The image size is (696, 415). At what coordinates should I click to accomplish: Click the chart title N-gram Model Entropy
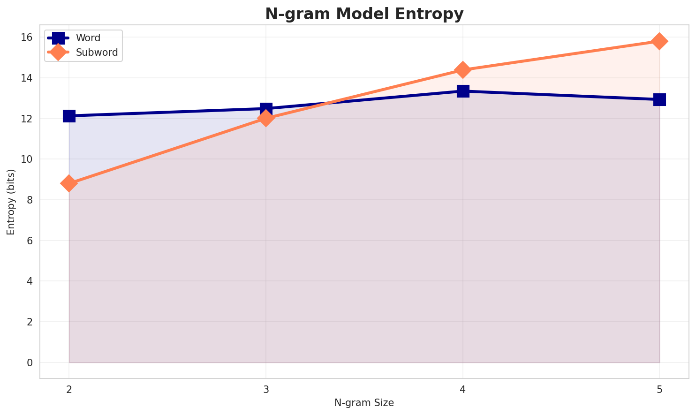tap(364, 14)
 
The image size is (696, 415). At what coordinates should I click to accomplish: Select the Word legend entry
tap(88, 38)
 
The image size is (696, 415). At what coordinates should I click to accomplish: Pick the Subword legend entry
tap(97, 53)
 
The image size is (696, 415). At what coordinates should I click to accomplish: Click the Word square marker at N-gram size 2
tap(69, 116)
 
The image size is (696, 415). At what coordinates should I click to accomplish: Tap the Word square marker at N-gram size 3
tap(266, 109)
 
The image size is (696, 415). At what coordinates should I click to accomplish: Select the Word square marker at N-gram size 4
tap(463, 91)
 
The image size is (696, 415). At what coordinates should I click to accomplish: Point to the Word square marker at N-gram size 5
tap(659, 99)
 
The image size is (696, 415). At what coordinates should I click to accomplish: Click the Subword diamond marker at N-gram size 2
tap(69, 183)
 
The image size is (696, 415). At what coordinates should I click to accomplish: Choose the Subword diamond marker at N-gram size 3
tap(266, 118)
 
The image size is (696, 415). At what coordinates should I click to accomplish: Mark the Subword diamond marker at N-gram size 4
tap(463, 70)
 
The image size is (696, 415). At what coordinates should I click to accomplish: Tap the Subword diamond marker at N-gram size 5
tap(659, 41)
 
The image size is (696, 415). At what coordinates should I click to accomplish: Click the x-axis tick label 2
tap(69, 389)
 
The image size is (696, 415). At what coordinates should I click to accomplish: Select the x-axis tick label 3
tap(266, 389)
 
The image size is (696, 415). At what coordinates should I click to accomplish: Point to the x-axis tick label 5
tap(659, 389)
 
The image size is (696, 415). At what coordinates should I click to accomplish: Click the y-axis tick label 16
tap(27, 38)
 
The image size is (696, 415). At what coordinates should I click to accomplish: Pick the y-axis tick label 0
tap(30, 363)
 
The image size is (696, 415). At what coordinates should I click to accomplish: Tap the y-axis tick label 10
tap(27, 159)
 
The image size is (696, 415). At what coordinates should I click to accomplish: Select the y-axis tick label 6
tap(30, 241)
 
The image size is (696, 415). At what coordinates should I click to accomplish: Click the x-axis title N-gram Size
tap(364, 403)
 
